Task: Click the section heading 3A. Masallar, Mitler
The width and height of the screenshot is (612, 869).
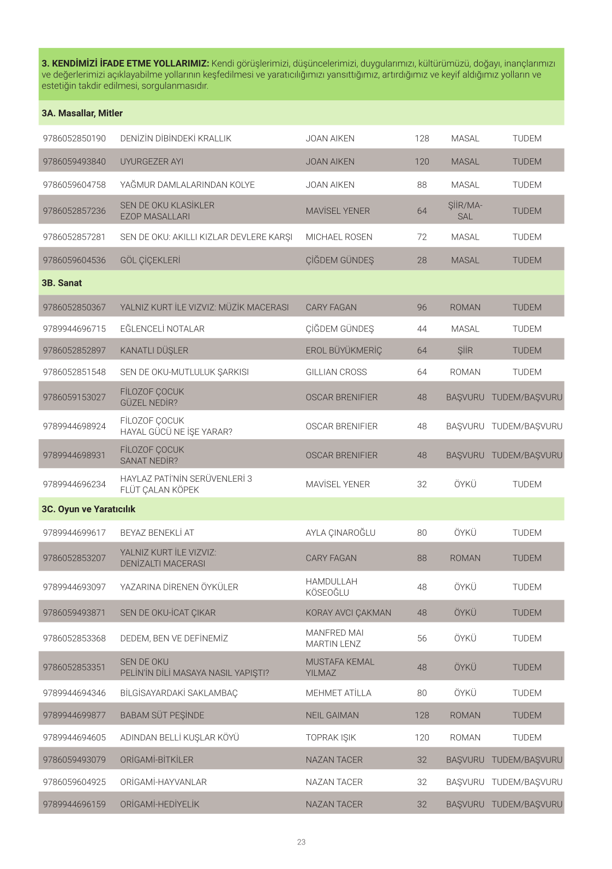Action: (82, 113)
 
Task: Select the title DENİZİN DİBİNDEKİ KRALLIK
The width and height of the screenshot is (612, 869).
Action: (176, 139)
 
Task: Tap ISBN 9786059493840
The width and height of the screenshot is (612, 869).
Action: (74, 161)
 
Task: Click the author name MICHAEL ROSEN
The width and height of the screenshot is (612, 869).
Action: (339, 237)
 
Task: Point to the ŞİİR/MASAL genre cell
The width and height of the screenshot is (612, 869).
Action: (465, 211)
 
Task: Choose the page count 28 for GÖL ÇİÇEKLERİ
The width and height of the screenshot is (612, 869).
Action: (422, 260)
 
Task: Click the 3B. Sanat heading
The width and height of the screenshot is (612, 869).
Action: (62, 283)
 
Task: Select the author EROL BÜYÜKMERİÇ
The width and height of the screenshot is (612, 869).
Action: (344, 350)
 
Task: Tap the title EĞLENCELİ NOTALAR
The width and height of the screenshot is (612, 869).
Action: (162, 329)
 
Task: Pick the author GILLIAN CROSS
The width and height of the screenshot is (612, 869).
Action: (336, 372)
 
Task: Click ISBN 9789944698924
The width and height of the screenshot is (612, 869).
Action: (74, 426)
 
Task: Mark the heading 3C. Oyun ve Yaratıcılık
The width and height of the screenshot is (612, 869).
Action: (88, 509)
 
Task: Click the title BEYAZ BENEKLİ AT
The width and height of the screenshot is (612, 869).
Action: (157, 532)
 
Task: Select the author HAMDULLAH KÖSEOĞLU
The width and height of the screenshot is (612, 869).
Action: (331, 587)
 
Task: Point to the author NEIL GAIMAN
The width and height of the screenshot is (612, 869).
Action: (332, 715)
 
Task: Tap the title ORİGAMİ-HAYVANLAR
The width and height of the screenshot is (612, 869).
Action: (163, 782)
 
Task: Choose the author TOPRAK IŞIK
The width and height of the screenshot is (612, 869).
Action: (331, 738)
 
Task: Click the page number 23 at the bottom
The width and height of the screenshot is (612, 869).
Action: (301, 842)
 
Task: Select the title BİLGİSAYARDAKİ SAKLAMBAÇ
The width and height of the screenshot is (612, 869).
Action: (179, 693)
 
